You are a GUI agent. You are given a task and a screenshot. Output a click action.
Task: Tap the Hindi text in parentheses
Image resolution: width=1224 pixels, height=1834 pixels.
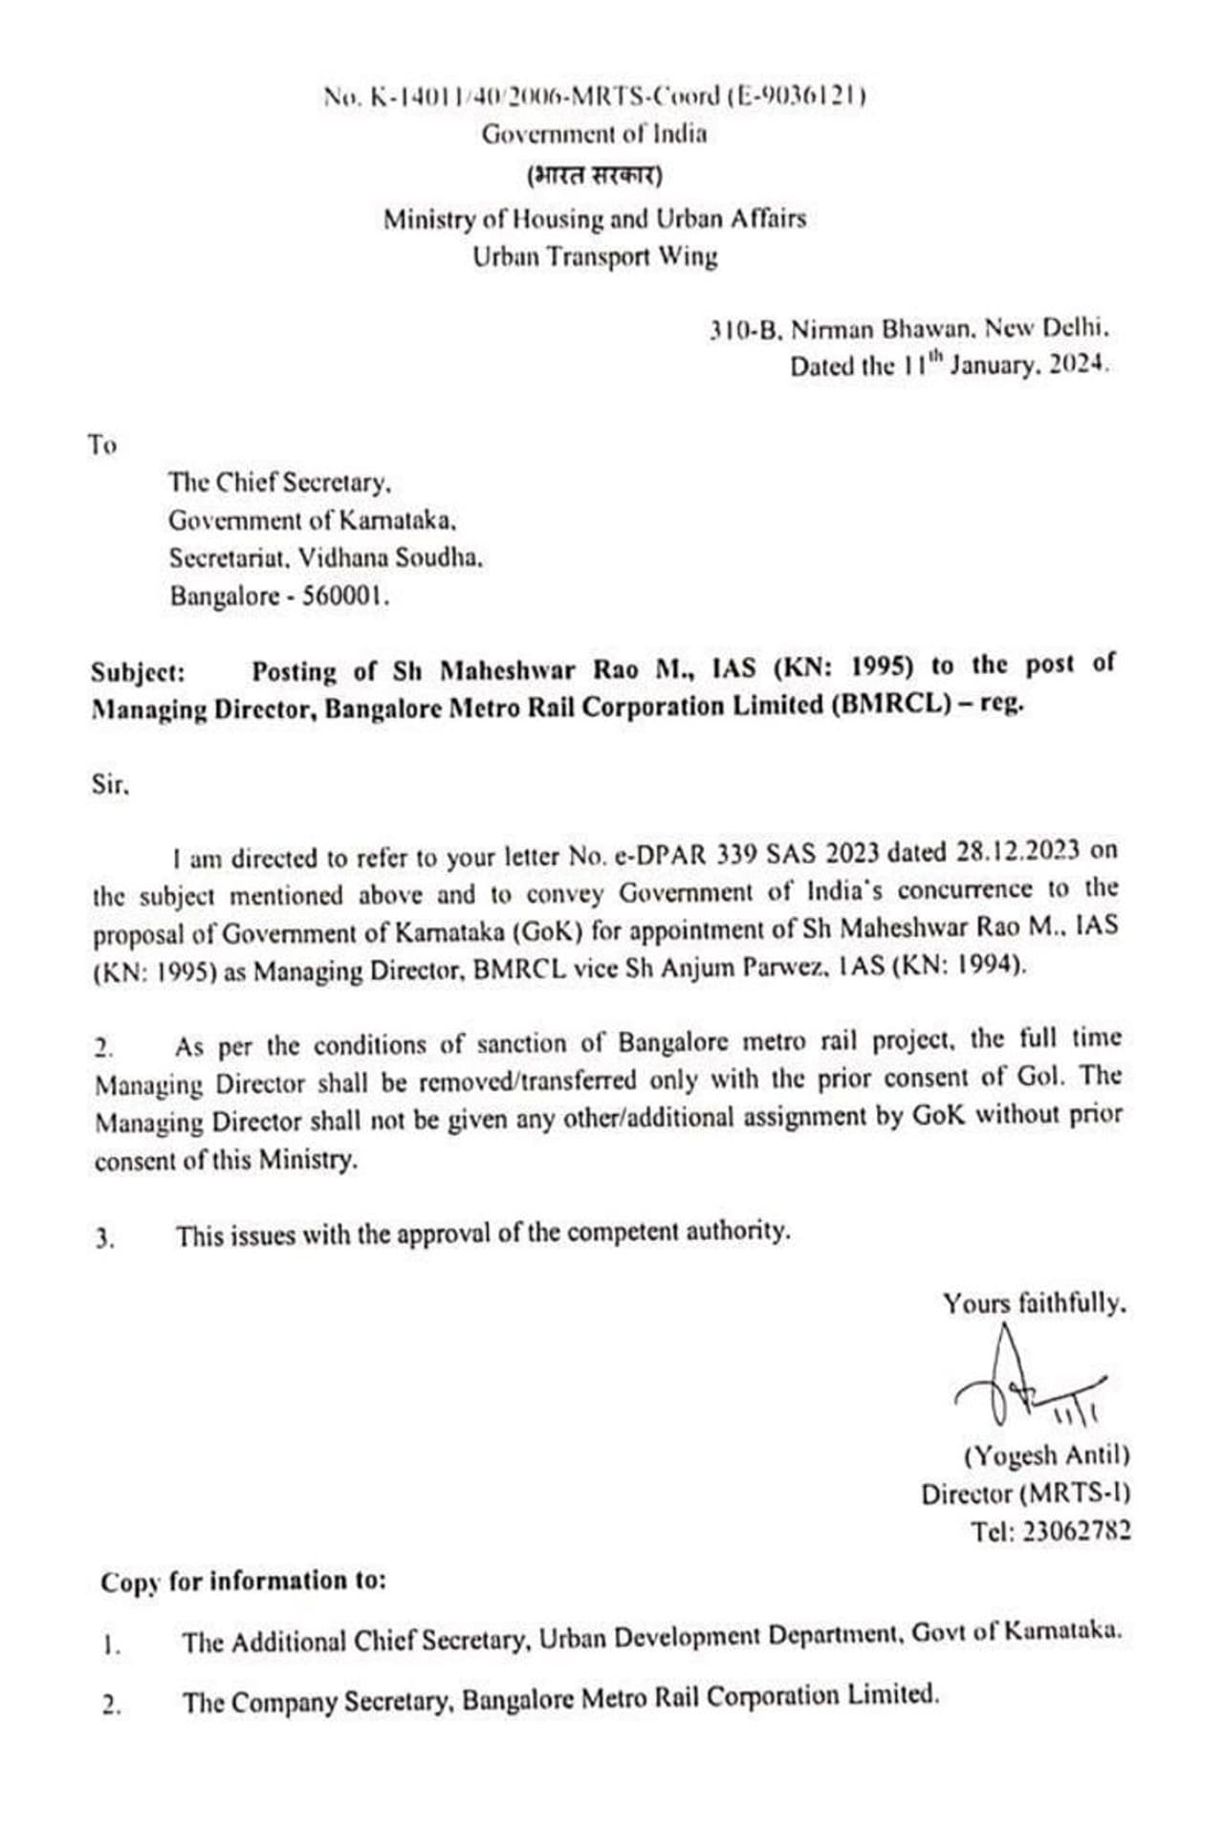pos(594,176)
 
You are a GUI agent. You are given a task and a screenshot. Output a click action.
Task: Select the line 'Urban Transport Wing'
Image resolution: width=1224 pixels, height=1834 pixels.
pos(594,256)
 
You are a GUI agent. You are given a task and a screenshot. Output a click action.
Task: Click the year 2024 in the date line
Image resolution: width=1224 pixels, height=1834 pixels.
pos(1078,365)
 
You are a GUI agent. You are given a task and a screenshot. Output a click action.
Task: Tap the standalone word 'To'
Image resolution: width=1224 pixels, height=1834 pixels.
pos(102,445)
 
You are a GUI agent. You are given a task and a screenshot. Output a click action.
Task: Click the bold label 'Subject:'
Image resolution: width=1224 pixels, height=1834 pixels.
pos(138,672)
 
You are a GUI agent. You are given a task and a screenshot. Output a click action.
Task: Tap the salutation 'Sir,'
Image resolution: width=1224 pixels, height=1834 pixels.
pos(110,785)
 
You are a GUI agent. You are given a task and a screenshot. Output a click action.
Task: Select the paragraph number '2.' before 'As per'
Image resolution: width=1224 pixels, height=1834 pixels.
pos(104,1047)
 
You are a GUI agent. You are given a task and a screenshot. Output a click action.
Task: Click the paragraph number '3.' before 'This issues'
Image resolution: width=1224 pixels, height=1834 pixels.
pos(104,1238)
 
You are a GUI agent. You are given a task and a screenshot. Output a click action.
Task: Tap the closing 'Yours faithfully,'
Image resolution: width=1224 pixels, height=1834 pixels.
pos(1034,1303)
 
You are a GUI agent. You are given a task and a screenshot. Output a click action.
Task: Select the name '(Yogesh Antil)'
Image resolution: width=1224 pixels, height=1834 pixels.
pos(1046,1455)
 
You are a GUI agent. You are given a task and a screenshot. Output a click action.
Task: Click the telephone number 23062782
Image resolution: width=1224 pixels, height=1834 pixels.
pos(1076,1531)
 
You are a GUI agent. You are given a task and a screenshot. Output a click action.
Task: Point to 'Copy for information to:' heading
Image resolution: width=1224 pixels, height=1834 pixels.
pos(243,1581)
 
